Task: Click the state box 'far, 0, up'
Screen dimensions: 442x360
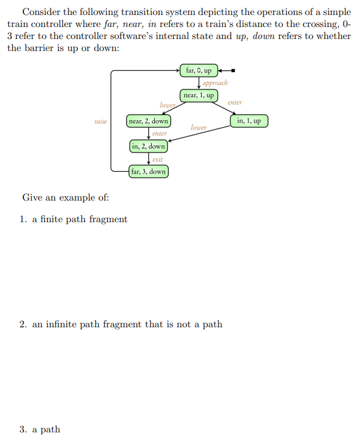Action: pyautogui.click(x=199, y=71)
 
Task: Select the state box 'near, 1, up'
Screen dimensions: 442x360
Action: pyautogui.click(x=199, y=95)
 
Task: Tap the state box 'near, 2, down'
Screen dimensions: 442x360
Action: pyautogui.click(x=148, y=121)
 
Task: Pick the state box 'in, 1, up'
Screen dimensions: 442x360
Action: pyautogui.click(x=249, y=121)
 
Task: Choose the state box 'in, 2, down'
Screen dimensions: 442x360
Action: pyautogui.click(x=148, y=146)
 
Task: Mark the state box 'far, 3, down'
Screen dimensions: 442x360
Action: pyautogui.click(x=148, y=172)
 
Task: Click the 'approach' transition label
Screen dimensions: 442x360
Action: pyautogui.click(x=215, y=83)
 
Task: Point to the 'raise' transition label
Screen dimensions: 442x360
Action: pyautogui.click(x=101, y=121)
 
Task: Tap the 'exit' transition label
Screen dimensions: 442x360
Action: pyautogui.click(x=157, y=159)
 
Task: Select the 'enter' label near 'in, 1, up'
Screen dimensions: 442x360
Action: pyautogui.click(x=235, y=103)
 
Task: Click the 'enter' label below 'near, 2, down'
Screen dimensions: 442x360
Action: pyautogui.click(x=159, y=134)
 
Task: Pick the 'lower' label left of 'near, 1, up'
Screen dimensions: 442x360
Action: pyautogui.click(x=167, y=105)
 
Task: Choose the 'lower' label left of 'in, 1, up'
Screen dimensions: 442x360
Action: pyautogui.click(x=199, y=127)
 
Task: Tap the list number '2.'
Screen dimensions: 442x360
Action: pyautogui.click(x=23, y=324)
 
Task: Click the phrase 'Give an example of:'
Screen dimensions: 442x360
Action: pyautogui.click(x=65, y=197)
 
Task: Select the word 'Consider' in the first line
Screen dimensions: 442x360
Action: pyautogui.click(x=41, y=12)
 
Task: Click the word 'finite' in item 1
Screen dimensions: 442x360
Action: pyautogui.click(x=51, y=219)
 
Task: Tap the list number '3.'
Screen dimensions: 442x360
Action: pyautogui.click(x=23, y=429)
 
